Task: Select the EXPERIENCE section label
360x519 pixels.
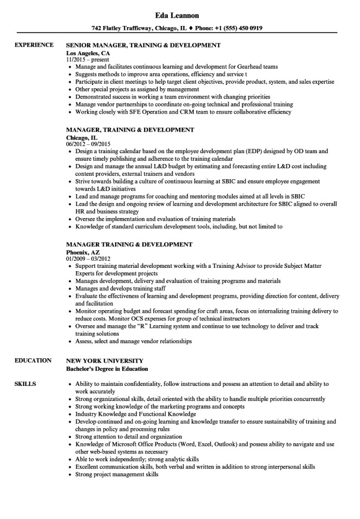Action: pyautogui.click(x=34, y=46)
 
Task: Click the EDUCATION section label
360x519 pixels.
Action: pyautogui.click(x=33, y=360)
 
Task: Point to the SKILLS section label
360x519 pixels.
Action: pyautogui.click(x=25, y=384)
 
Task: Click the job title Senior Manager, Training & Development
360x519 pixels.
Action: pyautogui.click(x=143, y=46)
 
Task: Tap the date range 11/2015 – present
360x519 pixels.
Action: pyautogui.click(x=86, y=60)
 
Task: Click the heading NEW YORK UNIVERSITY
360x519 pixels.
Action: pyautogui.click(x=104, y=360)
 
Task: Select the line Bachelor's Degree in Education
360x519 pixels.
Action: pyautogui.click(x=107, y=368)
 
